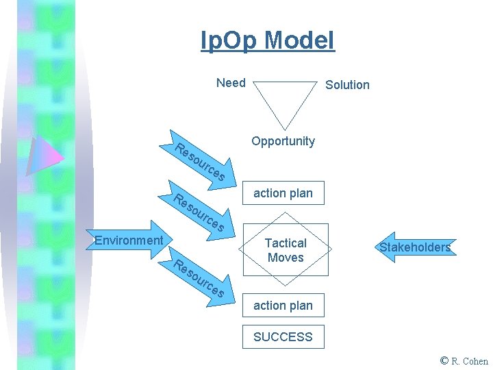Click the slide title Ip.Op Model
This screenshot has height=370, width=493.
point(267,41)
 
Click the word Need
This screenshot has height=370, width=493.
point(231,83)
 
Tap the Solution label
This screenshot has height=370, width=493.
point(347,85)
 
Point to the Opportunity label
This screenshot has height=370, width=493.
point(283,141)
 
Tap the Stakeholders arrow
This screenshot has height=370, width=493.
point(414,247)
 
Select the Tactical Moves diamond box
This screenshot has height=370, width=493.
point(286,250)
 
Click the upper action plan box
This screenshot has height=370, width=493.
point(283,193)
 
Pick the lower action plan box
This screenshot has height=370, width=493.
point(283,306)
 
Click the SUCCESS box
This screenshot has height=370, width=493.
point(283,336)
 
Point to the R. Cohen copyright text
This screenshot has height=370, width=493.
point(470,361)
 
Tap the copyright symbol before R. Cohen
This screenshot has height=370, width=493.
point(445,360)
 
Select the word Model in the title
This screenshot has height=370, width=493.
point(299,41)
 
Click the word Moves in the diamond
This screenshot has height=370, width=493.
point(286,258)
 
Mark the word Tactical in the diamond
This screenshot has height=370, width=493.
point(286,243)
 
